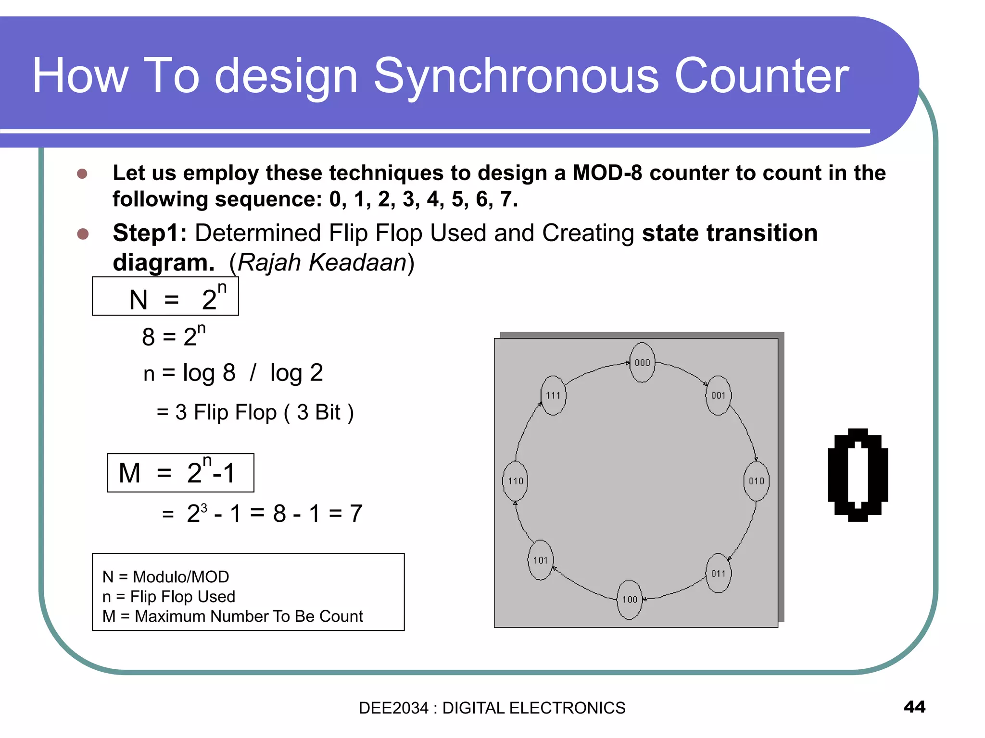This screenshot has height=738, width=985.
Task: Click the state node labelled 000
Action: tap(642, 363)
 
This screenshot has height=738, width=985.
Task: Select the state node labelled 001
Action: tap(718, 395)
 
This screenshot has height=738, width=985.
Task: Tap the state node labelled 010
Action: tap(756, 481)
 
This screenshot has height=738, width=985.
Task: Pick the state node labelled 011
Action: tap(718, 573)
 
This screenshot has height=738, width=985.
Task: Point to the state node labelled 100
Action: tap(630, 599)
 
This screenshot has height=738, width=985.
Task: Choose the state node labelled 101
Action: tap(541, 560)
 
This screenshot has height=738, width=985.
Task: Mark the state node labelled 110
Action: tap(515, 481)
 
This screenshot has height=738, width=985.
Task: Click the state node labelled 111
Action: tap(553, 395)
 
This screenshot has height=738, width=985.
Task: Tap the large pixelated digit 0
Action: tap(858, 475)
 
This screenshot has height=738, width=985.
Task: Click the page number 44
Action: tap(914, 707)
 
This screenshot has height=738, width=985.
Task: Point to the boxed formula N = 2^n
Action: tap(165, 296)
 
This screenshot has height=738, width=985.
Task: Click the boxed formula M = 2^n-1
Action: tap(180, 473)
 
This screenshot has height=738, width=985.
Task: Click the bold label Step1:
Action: tap(150, 233)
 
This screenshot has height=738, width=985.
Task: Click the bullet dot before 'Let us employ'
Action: tap(82, 173)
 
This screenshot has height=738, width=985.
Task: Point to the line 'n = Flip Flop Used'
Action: tap(169, 597)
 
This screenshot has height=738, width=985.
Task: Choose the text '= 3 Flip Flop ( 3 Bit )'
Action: tap(255, 412)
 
